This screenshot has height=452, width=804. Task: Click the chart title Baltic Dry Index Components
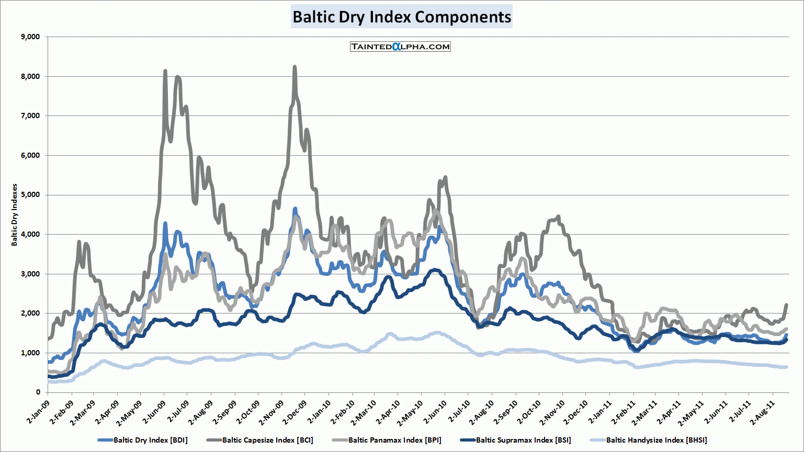coord(401,17)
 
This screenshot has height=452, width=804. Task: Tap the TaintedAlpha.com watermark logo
coord(400,47)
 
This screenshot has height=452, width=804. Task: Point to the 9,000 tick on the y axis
coord(30,37)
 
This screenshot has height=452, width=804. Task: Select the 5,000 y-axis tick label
coord(30,195)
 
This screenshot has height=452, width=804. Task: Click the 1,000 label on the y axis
coord(30,353)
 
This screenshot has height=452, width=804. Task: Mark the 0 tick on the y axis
coord(38,392)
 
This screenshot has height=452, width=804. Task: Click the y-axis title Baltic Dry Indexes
coord(15,214)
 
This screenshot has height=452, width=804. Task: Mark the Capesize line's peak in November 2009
coord(295,67)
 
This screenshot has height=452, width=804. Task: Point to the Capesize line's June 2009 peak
coord(165,71)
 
